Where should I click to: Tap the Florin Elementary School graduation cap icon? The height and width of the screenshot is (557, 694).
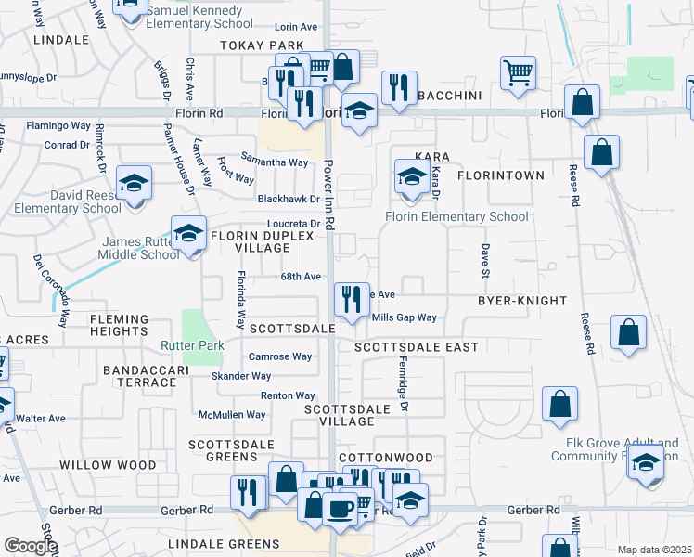tap(412, 176)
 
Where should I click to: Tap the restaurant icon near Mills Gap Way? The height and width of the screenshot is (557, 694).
tap(352, 300)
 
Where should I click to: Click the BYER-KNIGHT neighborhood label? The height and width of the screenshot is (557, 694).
tap(521, 302)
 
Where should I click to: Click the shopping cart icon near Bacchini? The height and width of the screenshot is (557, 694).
tap(518, 73)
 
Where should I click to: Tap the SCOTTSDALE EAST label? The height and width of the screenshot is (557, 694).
tap(417, 347)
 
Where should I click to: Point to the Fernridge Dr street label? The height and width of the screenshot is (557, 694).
tap(404, 385)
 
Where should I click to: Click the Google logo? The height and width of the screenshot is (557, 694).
tap(31, 546)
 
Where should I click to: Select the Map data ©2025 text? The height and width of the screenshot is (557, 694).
tap(654, 550)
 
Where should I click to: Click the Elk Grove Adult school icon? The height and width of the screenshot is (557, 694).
tap(645, 463)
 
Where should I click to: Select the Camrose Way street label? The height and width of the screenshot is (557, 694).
tap(279, 356)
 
